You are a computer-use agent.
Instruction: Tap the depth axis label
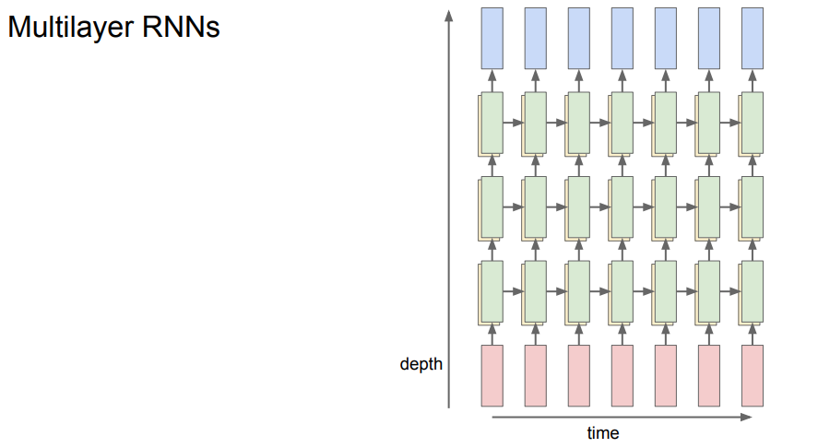pyautogui.click(x=421, y=364)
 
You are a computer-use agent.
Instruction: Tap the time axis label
pyautogui.click(x=603, y=432)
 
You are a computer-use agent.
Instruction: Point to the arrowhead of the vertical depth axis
pyautogui.click(x=449, y=16)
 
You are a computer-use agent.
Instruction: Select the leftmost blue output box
pyautogui.click(x=492, y=37)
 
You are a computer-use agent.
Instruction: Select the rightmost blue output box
pyautogui.click(x=753, y=37)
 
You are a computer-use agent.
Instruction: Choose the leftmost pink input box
pyautogui.click(x=492, y=375)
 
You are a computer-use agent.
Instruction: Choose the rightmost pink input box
pyautogui.click(x=753, y=375)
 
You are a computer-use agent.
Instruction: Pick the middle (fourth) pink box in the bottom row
pyautogui.click(x=622, y=375)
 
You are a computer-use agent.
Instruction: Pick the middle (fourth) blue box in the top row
pyautogui.click(x=622, y=37)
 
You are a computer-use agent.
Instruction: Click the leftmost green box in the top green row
pyautogui.click(x=492, y=123)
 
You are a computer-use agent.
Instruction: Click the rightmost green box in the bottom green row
pyautogui.click(x=753, y=291)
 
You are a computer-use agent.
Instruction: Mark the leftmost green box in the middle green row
pyautogui.click(x=492, y=206)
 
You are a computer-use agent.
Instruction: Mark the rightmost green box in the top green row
pyautogui.click(x=753, y=123)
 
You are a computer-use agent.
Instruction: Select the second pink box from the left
pyautogui.click(x=536, y=375)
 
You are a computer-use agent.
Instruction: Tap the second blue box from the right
pyautogui.click(x=709, y=37)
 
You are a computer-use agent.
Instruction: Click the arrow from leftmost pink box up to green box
pyautogui.click(x=492, y=333)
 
